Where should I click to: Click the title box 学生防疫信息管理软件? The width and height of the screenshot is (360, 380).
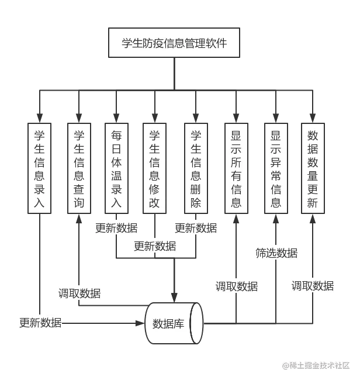pos(174,43)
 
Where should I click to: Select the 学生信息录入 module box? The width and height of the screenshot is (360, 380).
pos(39,168)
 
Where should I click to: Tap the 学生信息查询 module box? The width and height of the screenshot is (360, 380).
pos(79,168)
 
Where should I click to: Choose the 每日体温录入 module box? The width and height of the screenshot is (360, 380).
pos(116,168)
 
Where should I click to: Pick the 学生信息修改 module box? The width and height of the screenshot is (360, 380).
pos(155,168)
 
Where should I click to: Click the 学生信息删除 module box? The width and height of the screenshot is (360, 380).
pos(196,168)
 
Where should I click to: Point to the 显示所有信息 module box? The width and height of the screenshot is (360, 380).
pos(236,168)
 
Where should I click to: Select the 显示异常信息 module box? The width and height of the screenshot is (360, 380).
pos(276,168)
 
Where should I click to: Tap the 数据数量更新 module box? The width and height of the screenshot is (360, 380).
pos(313,168)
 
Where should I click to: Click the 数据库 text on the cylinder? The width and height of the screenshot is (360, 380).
pos(168,323)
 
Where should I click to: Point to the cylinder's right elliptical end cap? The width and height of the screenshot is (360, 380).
pos(197,323)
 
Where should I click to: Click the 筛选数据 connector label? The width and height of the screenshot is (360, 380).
pos(276,253)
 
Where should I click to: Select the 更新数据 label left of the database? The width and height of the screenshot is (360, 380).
pos(41,322)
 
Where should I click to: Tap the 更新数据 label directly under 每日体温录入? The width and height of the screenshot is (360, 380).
pos(116,228)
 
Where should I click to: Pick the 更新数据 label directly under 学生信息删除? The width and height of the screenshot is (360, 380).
pos(196,228)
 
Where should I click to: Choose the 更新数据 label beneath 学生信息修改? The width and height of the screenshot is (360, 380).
pos(155,246)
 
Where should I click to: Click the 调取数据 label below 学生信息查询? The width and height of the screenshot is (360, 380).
pos(79,293)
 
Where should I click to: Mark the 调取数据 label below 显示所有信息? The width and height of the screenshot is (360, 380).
pos(236,286)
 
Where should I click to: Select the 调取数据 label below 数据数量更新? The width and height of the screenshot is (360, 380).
pos(313,286)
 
